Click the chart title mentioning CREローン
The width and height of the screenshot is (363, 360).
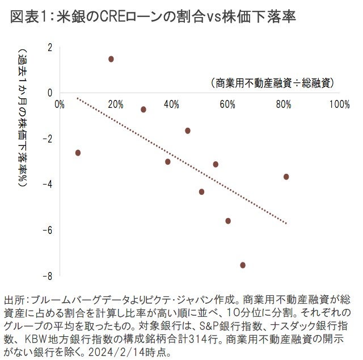coord(153,16)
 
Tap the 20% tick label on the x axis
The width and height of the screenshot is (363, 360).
coord(116,104)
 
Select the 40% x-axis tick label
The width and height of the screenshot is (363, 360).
coord(171,104)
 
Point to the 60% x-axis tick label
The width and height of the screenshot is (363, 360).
coord(227,104)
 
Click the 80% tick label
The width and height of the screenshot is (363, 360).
coord(284,104)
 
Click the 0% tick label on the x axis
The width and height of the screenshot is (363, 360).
coord(60,104)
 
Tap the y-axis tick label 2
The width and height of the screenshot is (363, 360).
coord(50,47)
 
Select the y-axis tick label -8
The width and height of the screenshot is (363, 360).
coord(48,276)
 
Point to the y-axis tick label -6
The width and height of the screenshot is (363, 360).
coord(48,230)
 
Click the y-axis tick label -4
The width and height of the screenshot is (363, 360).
coord(48,184)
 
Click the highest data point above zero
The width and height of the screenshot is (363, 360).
coord(111,59)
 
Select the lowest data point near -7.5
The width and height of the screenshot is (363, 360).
coord(243,265)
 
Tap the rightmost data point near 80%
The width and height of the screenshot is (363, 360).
coord(286,177)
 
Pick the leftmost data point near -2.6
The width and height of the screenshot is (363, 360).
coord(78,153)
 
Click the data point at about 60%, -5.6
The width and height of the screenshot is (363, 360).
coord(228,221)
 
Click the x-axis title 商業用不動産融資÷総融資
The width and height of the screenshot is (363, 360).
coord(272,83)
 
